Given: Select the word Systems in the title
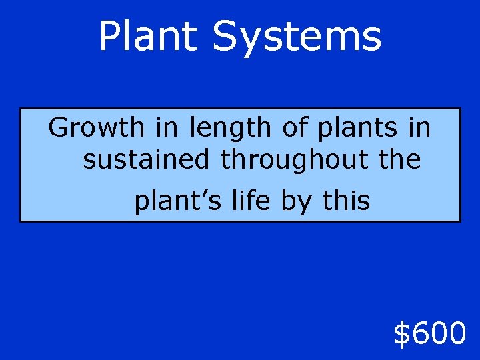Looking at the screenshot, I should pyautogui.click(x=297, y=37).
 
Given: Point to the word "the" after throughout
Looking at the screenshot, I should pyautogui.click(x=398, y=160).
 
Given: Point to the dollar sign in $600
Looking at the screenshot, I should pyautogui.click(x=402, y=333).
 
